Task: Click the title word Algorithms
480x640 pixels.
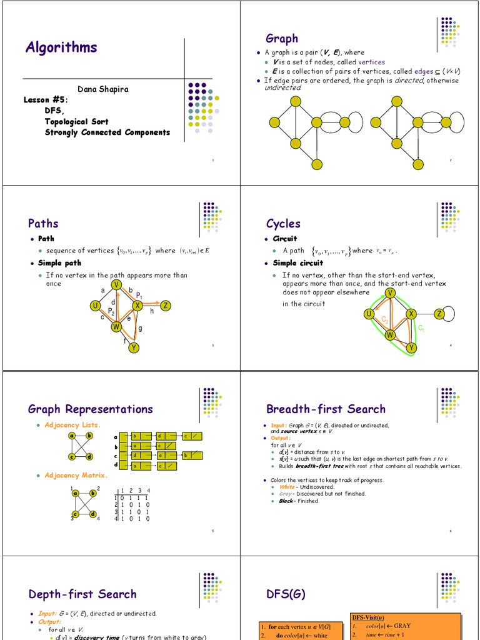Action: tap(61, 47)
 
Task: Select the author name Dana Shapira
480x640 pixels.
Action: tap(102, 89)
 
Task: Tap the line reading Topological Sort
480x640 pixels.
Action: tap(76, 121)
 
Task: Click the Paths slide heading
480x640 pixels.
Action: tap(43, 223)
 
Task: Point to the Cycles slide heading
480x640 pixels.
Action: tap(283, 223)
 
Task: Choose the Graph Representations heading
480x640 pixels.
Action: tap(90, 409)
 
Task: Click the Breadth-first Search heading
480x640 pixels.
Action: tap(326, 409)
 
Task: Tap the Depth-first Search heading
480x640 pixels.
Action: tap(82, 594)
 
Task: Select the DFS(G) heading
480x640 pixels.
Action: tap(286, 594)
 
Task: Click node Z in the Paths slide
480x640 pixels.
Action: tap(166, 306)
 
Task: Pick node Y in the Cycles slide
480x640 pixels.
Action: tap(411, 347)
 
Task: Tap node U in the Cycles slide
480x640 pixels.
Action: tap(369, 314)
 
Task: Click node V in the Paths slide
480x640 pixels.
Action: tap(116, 285)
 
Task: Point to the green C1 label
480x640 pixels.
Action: tap(421, 327)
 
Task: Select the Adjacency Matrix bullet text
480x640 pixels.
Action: tap(76, 476)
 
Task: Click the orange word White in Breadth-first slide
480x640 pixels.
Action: tap(287, 487)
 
